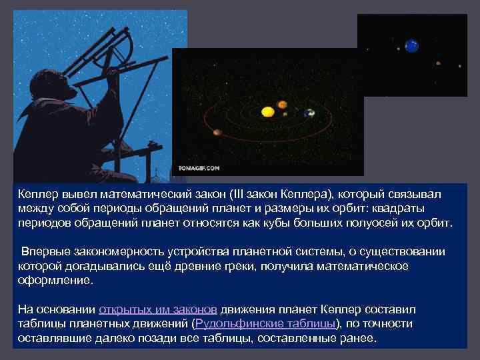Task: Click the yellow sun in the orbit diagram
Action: coord(267,111)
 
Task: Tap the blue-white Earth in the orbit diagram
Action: coord(309,113)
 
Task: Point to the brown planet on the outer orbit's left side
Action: coord(217,132)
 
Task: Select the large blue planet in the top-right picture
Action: coord(412,46)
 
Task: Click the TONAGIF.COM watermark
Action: coord(199,168)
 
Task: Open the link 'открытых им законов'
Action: coord(158,310)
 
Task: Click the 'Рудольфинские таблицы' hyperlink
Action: coord(265,323)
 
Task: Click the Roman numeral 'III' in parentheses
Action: coord(238,194)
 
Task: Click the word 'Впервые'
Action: coord(43,252)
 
